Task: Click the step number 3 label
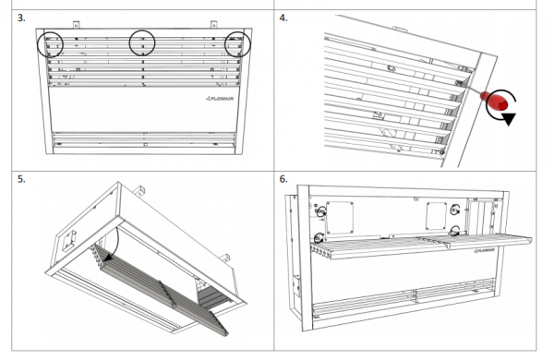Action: (21, 18)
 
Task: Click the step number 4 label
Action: (283, 18)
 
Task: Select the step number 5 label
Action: (21, 179)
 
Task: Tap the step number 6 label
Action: (283, 179)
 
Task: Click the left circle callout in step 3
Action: (38, 44)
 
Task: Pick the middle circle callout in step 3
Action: (129, 42)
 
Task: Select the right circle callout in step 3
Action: (225, 44)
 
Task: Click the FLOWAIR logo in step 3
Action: (220, 99)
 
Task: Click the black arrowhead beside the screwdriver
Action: (509, 119)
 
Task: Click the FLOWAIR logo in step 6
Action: (484, 250)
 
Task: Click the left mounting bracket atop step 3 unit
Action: (77, 25)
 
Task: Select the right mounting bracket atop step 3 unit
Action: (213, 24)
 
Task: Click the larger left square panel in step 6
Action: (340, 218)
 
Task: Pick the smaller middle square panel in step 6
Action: (437, 215)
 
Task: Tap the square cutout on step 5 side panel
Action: (69, 241)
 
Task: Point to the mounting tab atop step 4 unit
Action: (401, 29)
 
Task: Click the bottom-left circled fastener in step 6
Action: (319, 238)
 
